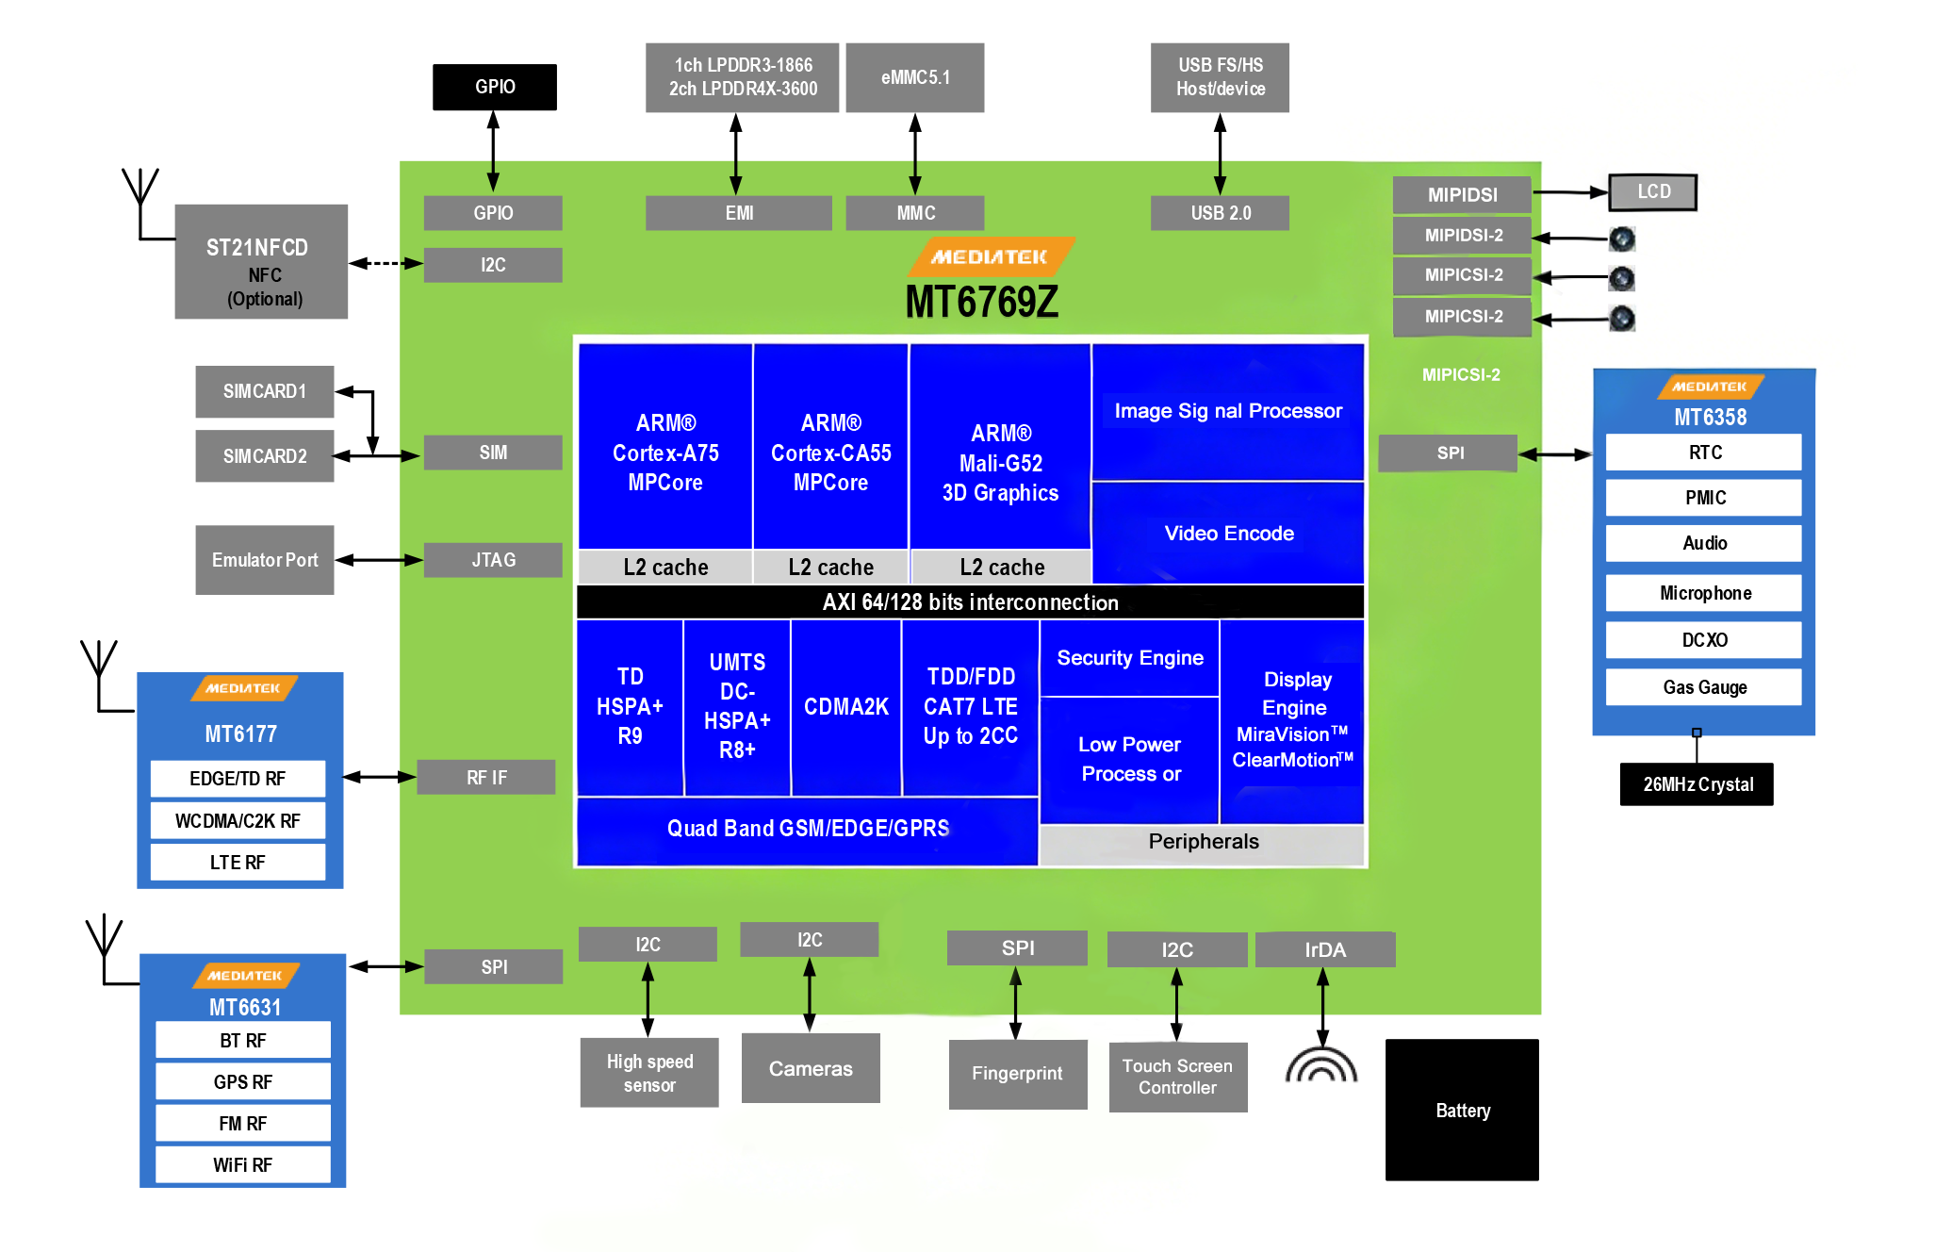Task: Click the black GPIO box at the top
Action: coord(494,87)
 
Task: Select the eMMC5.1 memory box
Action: coord(914,77)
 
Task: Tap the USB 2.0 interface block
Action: coord(1220,213)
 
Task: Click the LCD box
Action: coord(1652,192)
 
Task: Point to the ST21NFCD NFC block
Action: coord(261,262)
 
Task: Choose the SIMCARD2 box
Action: coord(265,456)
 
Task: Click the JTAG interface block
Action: coord(493,560)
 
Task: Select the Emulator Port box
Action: coord(265,560)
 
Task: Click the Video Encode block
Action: coord(1228,534)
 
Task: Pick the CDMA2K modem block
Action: coord(845,707)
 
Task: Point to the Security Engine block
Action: coord(1129,658)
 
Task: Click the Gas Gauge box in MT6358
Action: coord(1704,687)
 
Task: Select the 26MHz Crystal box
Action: coord(1697,784)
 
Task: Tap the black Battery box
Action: coord(1462,1110)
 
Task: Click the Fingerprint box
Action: coord(1017,1074)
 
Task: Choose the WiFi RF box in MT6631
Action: coord(242,1165)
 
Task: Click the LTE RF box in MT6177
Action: coord(238,863)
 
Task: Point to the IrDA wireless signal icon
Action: coord(1321,1065)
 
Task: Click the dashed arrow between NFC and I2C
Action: coord(385,263)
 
